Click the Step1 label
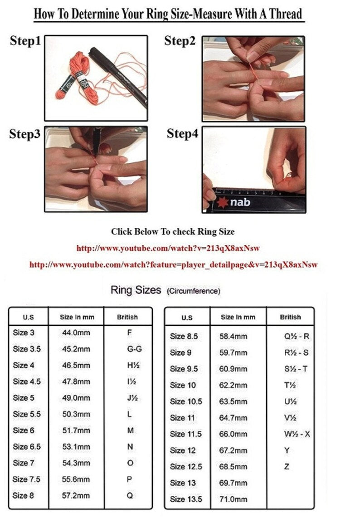25,40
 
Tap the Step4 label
182,133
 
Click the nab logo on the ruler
233,202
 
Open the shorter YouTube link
168,248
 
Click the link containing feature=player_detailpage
173,264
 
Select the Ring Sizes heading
136,290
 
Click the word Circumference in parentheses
194,291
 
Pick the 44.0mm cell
76,333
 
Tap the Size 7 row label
23,463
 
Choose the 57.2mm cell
76,495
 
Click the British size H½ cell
133,365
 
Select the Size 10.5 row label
186,402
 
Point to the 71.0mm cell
233,500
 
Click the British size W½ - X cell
297,434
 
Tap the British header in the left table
127,317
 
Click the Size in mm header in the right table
238,317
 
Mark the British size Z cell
287,466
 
